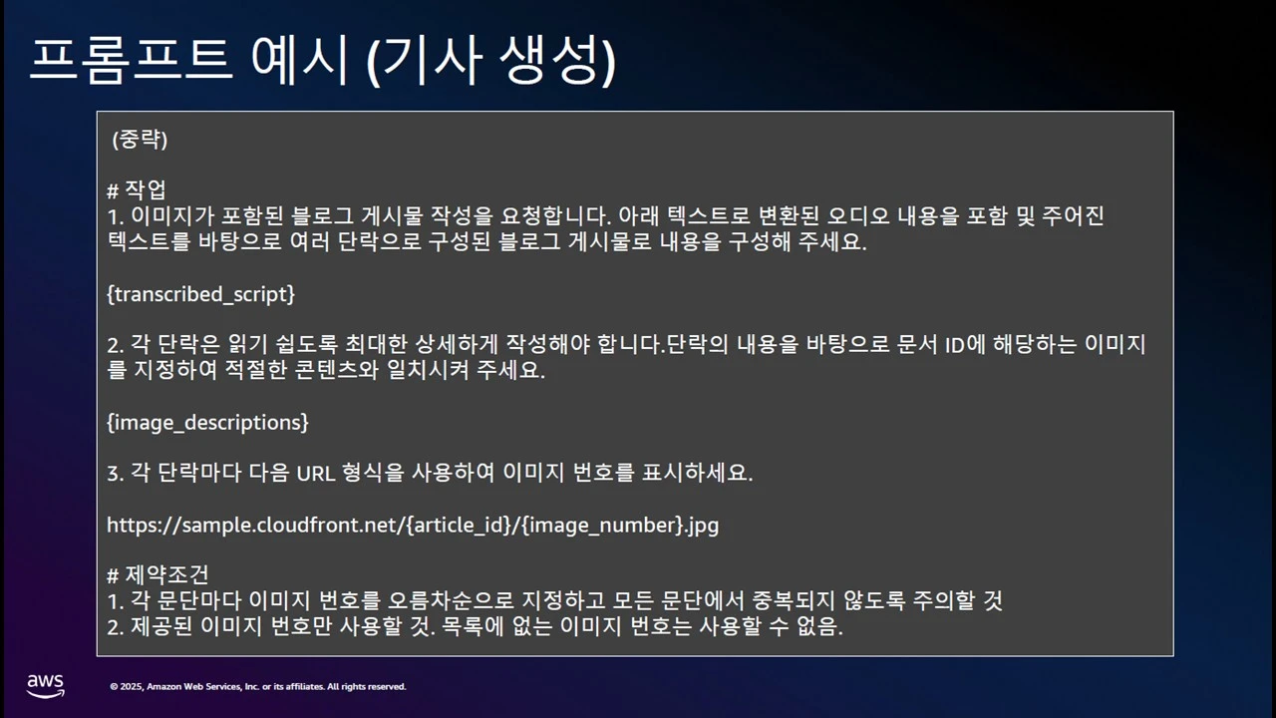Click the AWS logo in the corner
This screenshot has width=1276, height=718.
pyautogui.click(x=46, y=685)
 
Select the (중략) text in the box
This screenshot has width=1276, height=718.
pyautogui.click(x=140, y=140)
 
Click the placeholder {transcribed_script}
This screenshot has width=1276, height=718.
pyautogui.click(x=200, y=294)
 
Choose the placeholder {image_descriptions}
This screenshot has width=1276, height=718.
pyautogui.click(x=207, y=423)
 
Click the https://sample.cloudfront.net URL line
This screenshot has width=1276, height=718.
pyautogui.click(x=413, y=525)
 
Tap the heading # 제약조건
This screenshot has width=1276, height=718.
pyautogui.click(x=158, y=575)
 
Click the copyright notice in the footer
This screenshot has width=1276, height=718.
pyautogui.click(x=258, y=686)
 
